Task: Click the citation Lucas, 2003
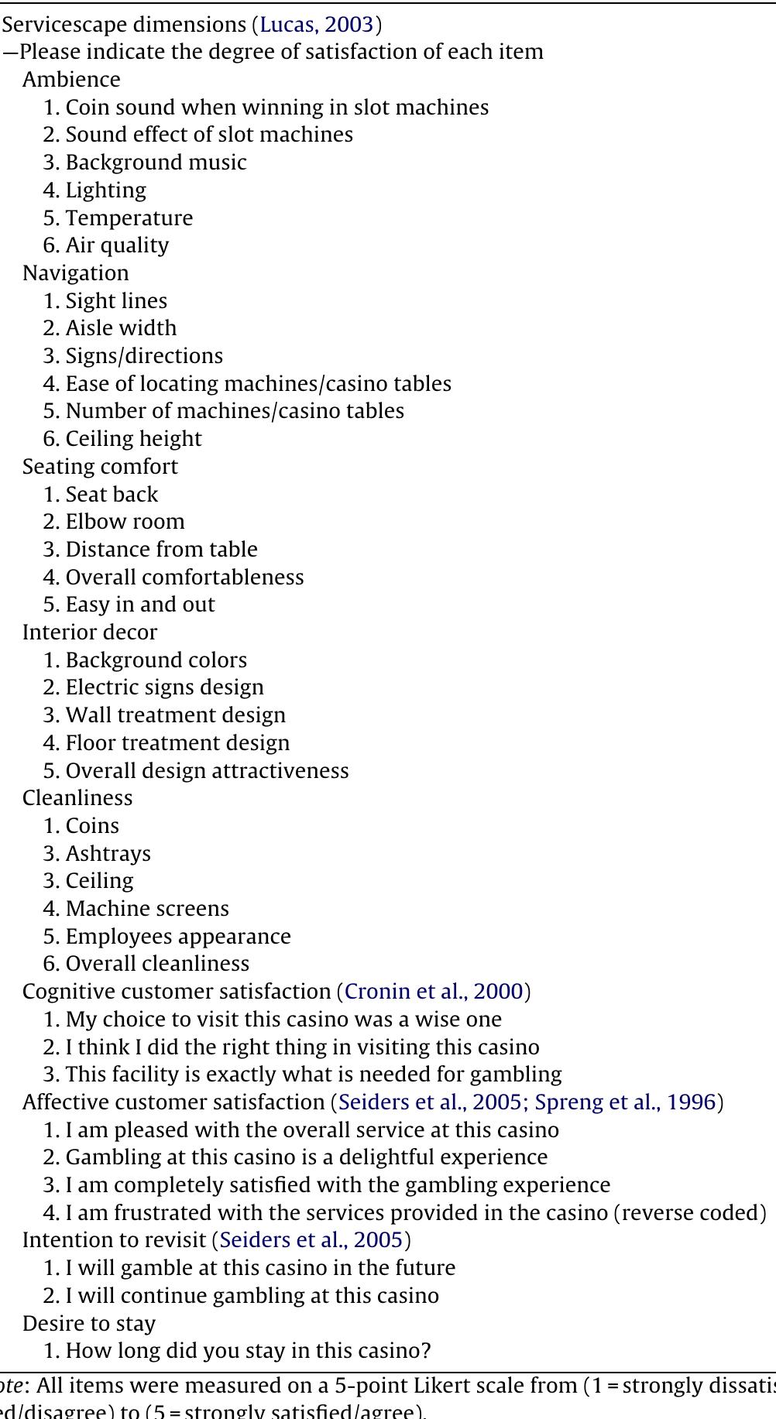coord(317,25)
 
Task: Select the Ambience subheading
coord(71,80)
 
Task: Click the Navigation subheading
coord(76,273)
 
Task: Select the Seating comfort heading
coord(100,467)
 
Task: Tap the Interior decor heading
coord(90,632)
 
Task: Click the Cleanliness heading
coord(77,798)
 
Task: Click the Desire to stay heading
coord(89,1324)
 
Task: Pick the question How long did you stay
coord(248,1351)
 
